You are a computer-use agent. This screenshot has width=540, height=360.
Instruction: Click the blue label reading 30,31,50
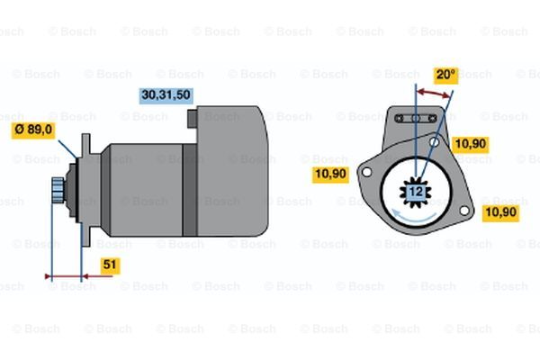click(x=166, y=95)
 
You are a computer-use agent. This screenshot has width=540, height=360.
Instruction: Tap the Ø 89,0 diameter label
click(x=33, y=130)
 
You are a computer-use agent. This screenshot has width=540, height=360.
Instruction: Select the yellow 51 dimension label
click(x=110, y=265)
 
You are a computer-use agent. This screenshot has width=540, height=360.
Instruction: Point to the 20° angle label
click(x=445, y=75)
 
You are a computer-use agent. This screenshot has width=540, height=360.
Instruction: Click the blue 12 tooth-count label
click(x=416, y=192)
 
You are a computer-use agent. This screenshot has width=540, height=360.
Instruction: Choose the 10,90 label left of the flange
click(x=330, y=174)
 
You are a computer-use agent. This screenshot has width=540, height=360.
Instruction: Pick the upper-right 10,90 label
click(x=471, y=144)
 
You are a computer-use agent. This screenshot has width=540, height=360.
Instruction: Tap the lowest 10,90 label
click(x=501, y=212)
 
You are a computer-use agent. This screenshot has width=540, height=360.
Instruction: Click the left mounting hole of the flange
click(x=367, y=172)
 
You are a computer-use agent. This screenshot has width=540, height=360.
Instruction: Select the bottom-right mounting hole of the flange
click(x=464, y=210)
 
